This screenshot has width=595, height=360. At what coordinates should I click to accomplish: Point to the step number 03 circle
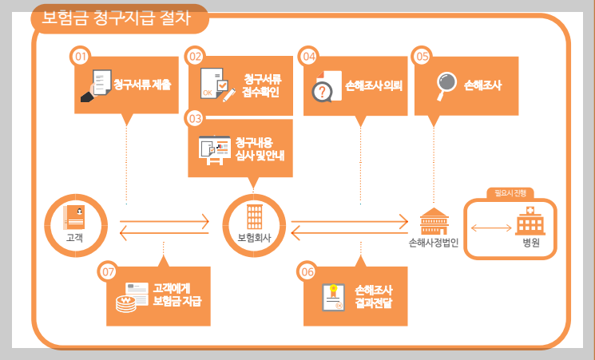point(196,118)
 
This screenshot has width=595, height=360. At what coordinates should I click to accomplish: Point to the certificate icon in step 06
point(332,296)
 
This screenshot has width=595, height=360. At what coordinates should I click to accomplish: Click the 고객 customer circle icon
point(74,223)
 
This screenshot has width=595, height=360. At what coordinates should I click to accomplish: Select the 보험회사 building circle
point(253,223)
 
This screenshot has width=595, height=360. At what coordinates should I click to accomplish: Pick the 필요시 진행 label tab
point(510,192)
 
